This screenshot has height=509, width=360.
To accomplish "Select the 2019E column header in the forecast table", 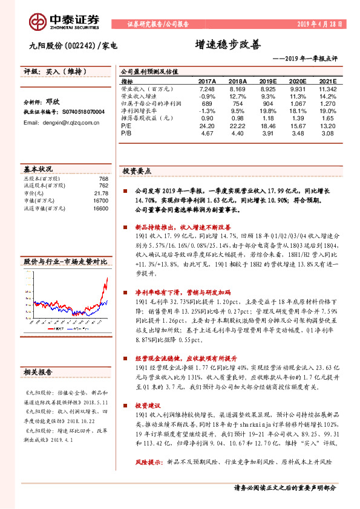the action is (x=267, y=81).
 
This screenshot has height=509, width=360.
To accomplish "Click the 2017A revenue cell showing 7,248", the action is (x=207, y=88).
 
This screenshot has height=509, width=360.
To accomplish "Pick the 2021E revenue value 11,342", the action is (x=327, y=88).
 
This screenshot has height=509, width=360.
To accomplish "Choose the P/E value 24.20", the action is (x=207, y=126).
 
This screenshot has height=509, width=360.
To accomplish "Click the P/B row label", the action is (x=126, y=133).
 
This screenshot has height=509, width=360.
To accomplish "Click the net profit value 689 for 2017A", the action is (x=207, y=103).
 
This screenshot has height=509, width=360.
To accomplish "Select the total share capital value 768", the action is (x=103, y=178).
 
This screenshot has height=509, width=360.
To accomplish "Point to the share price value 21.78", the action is (x=101, y=193).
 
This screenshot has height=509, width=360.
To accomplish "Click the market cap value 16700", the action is (x=100, y=200).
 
